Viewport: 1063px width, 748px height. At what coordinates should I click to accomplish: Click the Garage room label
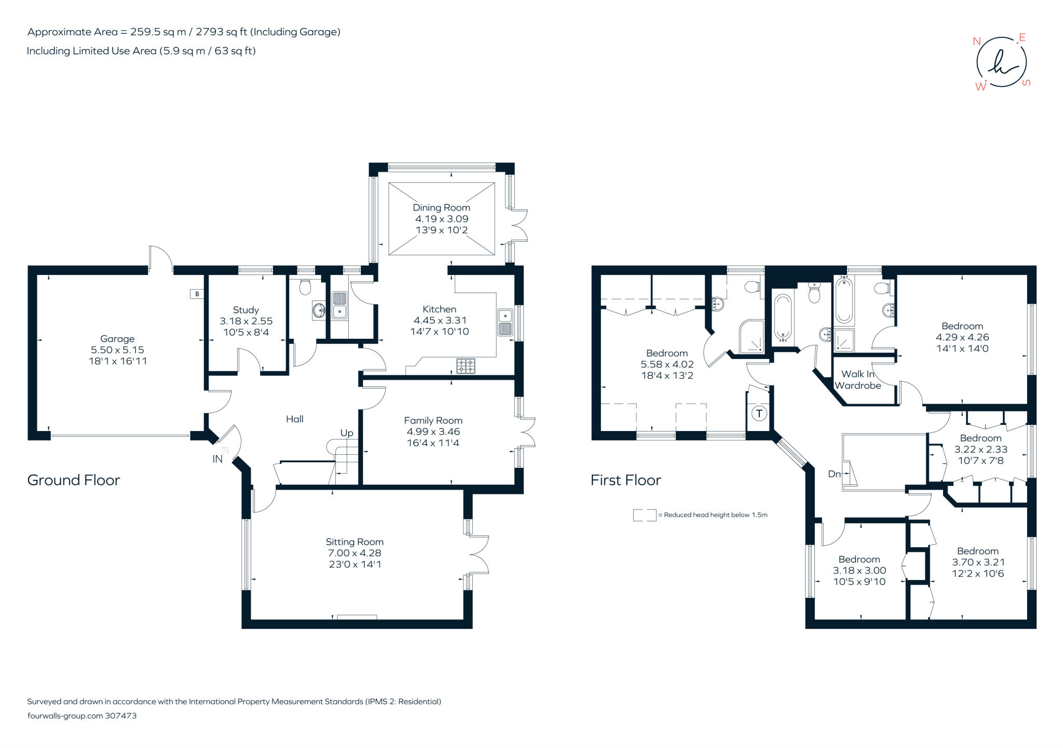point(117,339)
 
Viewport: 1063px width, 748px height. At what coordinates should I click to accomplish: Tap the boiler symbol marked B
point(197,294)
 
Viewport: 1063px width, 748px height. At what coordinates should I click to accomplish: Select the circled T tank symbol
point(759,413)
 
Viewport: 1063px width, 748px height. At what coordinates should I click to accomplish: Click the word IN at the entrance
point(217,459)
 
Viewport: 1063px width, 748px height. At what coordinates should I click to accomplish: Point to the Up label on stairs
point(347,433)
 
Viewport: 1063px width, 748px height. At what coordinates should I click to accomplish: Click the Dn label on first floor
point(834,474)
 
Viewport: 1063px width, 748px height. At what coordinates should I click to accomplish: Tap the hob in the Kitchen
point(466,366)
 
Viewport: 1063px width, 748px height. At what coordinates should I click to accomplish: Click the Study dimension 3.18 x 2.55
point(246,321)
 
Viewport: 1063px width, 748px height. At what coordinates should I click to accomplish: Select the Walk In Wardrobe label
point(857,380)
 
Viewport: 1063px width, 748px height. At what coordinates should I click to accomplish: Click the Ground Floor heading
point(73,480)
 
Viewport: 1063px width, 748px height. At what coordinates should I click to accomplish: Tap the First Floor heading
point(625,480)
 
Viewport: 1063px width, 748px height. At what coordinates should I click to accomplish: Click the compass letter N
point(976,42)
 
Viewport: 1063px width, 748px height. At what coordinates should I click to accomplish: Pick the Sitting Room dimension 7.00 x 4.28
point(355,553)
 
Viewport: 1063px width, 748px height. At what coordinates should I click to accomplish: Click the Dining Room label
point(441,207)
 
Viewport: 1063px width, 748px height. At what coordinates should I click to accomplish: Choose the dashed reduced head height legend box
point(644,515)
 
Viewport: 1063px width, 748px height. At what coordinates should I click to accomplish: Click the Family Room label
point(433,420)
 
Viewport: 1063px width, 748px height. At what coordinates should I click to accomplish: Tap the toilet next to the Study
point(305,287)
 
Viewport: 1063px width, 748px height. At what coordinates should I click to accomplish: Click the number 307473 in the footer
point(120,715)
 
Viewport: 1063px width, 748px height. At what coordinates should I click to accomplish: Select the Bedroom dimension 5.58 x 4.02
point(667,364)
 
